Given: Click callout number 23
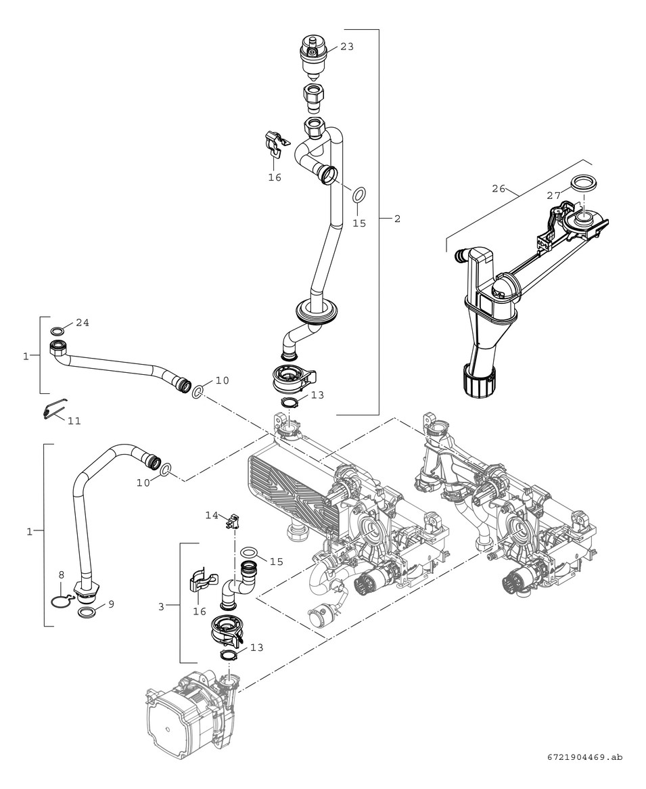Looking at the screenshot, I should point(347,47).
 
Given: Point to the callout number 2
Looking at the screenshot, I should point(397,219).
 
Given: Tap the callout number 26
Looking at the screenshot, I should point(499,189).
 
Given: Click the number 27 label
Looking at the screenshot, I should point(554,195).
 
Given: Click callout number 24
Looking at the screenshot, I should point(82,323).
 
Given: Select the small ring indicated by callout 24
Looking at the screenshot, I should point(59,331).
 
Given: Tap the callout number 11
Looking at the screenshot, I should point(74,420).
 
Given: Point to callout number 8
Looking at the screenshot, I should point(61,574).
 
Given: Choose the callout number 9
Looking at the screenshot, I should point(111,604).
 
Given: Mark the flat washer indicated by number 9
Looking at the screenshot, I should point(87,612).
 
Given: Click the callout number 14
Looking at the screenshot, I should point(212,515).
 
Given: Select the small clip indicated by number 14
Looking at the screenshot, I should point(233,522).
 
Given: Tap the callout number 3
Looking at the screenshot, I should point(161,606).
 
